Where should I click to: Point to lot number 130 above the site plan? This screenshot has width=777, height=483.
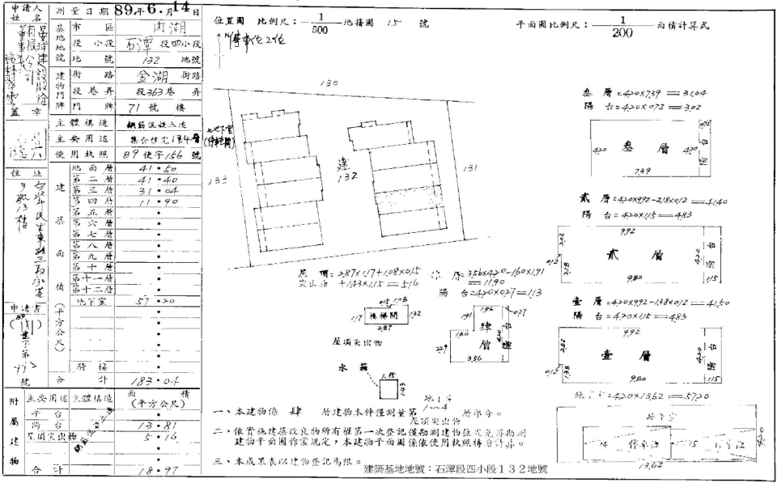[329, 83]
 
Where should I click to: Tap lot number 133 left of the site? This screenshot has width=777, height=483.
[215, 182]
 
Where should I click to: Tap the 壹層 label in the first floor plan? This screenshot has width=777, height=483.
[639, 354]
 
